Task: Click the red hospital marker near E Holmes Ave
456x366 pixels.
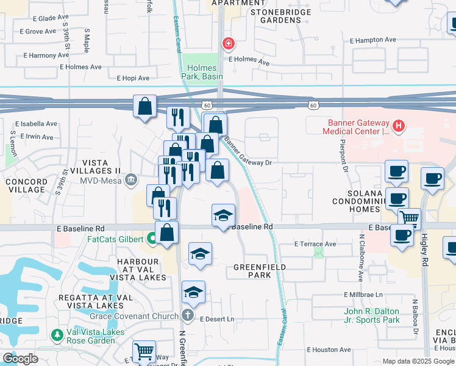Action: click(x=228, y=44)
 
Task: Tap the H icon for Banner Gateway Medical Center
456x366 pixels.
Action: click(x=398, y=126)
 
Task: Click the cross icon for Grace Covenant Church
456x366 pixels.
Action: click(x=189, y=315)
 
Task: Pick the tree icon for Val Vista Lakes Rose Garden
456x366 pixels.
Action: click(x=57, y=334)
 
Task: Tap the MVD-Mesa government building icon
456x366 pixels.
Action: click(x=130, y=179)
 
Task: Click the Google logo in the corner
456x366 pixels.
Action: click(x=20, y=359)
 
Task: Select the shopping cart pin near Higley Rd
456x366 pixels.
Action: click(x=409, y=218)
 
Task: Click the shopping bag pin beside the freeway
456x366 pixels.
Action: click(x=145, y=107)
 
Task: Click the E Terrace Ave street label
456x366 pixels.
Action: click(x=315, y=244)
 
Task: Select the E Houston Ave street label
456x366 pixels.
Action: click(x=329, y=350)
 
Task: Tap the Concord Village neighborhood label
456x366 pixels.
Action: click(x=26, y=185)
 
